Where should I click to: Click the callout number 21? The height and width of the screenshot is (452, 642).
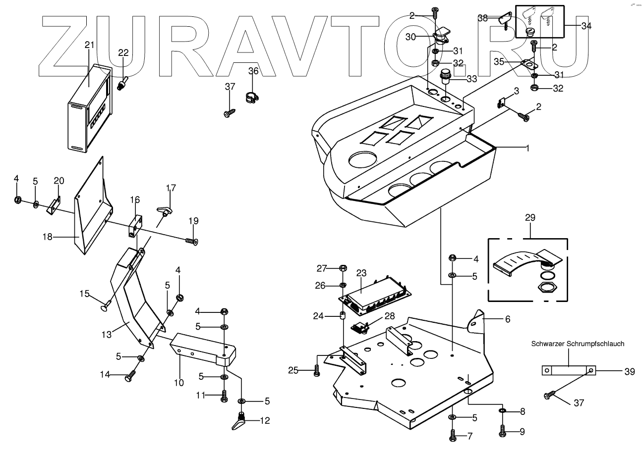coord(89,45)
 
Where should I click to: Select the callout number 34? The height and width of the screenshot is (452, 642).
coord(586,26)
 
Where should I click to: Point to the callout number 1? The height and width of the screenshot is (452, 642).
coord(528,148)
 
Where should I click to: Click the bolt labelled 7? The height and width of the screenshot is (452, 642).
coord(453,437)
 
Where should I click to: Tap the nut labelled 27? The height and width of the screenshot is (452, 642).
coord(343,268)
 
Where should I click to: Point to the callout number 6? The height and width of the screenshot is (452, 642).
coord(507,320)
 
